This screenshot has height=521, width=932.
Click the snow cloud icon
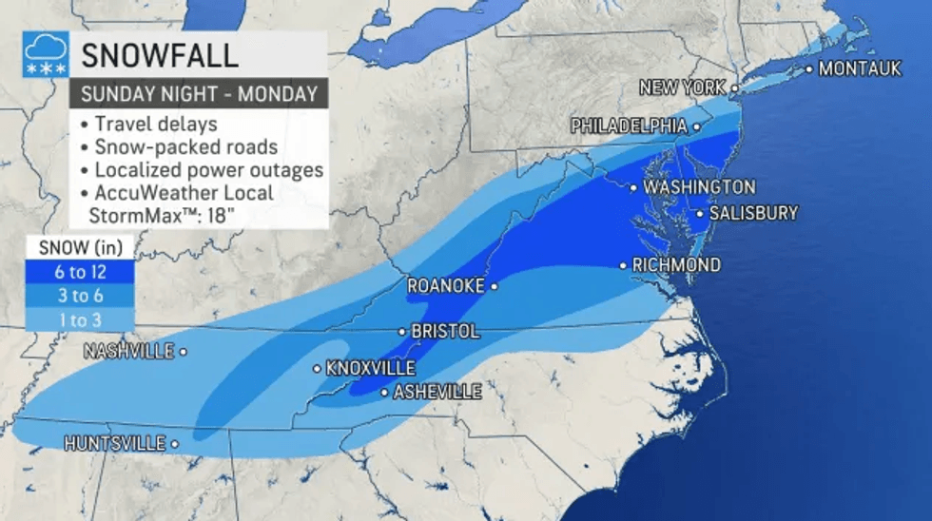click(x=46, y=55)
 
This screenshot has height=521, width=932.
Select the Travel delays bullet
click(x=155, y=124)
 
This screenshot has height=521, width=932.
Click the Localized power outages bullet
click(x=208, y=170)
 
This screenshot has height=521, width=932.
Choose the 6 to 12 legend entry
click(x=79, y=272)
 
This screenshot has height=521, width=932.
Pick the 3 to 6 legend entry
click(x=79, y=296)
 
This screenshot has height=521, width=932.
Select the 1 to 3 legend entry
click(x=79, y=319)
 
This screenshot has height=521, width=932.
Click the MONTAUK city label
click(x=859, y=68)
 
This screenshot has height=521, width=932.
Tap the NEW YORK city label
click(x=682, y=87)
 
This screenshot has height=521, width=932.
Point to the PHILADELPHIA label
click(x=629, y=126)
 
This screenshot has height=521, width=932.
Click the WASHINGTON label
click(x=699, y=187)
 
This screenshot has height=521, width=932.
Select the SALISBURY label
click(x=753, y=213)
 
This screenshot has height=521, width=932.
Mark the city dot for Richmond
click(x=624, y=265)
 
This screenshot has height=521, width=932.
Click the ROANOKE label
click(x=446, y=285)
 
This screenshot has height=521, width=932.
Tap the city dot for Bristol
click(x=402, y=332)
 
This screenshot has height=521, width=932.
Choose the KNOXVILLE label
click(x=370, y=368)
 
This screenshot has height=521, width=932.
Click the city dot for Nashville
click(x=184, y=352)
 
